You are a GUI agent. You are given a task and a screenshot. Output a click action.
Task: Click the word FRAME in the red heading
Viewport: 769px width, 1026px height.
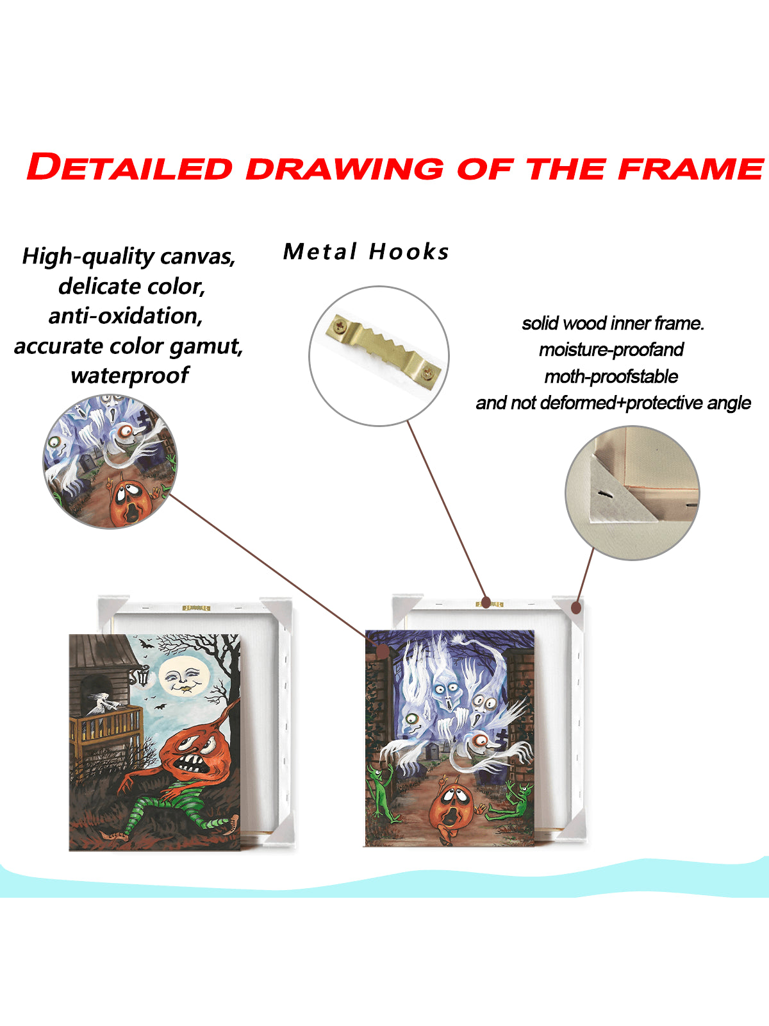(x=691, y=168)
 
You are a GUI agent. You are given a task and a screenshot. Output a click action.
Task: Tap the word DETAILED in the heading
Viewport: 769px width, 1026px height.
(x=129, y=167)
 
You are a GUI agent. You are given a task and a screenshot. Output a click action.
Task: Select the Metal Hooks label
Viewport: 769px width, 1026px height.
(x=366, y=251)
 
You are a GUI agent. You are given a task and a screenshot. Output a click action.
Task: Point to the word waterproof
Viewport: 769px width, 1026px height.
(x=130, y=376)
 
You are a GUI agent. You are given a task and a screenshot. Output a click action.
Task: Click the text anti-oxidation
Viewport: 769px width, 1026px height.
(x=126, y=316)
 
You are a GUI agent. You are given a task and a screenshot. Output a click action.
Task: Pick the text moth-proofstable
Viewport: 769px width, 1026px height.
(x=611, y=377)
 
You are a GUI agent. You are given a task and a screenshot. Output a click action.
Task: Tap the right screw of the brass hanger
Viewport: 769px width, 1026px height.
(x=427, y=373)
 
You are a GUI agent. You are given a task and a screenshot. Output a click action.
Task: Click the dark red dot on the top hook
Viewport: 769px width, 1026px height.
(x=486, y=603)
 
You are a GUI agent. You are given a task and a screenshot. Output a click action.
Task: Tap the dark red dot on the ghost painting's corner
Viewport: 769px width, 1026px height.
(x=383, y=651)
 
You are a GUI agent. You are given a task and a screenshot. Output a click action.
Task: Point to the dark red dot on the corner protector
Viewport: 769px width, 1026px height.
(x=576, y=608)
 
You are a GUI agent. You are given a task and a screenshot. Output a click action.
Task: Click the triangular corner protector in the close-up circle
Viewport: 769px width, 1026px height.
(x=611, y=500)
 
